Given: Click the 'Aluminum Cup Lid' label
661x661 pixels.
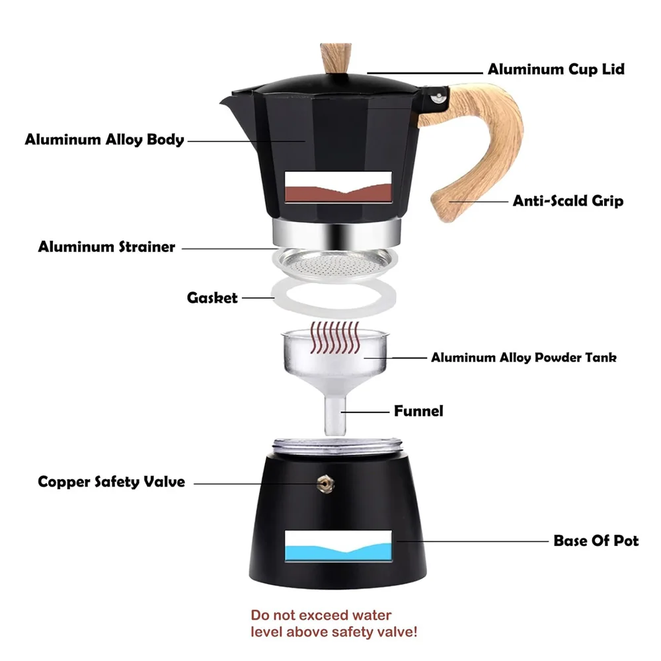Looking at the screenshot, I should [x=555, y=69].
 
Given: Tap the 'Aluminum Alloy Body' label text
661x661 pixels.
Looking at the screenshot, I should [x=104, y=140].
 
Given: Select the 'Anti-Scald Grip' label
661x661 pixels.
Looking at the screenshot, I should [x=568, y=201].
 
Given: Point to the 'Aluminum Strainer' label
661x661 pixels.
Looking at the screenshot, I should [x=106, y=247].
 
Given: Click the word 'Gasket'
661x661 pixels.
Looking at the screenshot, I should [x=212, y=298].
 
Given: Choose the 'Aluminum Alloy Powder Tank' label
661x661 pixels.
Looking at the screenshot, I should [x=524, y=358].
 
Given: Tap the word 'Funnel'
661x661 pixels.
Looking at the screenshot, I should [x=418, y=411].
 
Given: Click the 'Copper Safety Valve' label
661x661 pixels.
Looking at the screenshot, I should [x=111, y=482].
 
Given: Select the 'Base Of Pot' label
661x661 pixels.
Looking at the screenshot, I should [x=596, y=541].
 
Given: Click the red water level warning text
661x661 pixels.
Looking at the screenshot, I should [x=334, y=623].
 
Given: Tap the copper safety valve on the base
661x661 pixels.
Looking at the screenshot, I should [x=324, y=483].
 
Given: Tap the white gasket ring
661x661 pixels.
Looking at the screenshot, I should [x=334, y=299].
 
